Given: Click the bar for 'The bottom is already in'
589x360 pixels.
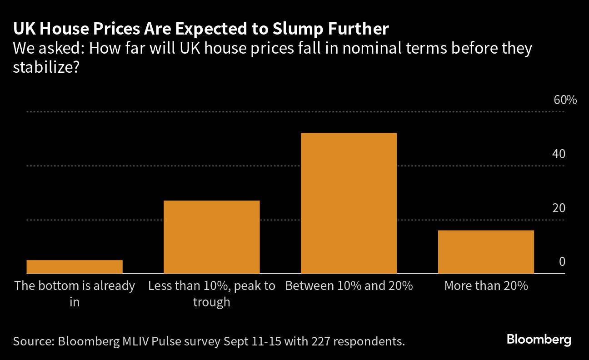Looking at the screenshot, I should (75, 267).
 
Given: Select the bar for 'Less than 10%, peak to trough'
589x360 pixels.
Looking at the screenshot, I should (211, 237).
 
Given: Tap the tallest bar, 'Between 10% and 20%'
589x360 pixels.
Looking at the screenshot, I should (349, 203).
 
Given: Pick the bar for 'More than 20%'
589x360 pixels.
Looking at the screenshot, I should (485, 252).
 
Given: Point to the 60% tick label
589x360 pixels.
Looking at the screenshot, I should (565, 100).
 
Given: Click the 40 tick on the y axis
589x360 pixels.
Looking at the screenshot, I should (559, 154).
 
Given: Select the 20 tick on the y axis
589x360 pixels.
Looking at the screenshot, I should (559, 208).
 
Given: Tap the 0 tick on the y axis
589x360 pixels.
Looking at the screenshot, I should (562, 262).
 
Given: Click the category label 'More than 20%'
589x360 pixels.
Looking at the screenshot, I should (486, 286).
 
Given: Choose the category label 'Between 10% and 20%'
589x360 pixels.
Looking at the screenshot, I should (349, 286).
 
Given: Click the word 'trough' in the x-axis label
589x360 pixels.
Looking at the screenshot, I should (211, 302).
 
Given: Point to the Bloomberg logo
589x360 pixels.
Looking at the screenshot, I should (539, 340).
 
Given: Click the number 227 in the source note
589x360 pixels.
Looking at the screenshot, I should (318, 341).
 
